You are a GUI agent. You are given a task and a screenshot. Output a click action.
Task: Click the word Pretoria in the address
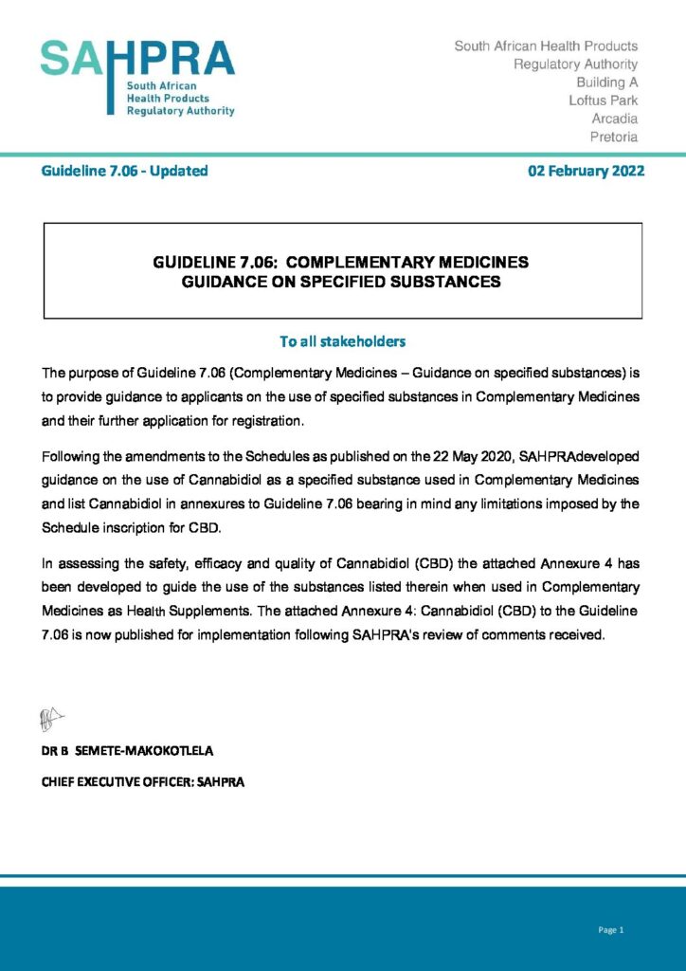point(614,137)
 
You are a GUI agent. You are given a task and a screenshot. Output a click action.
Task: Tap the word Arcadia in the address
point(614,119)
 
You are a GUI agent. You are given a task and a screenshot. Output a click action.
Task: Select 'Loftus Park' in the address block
point(603,101)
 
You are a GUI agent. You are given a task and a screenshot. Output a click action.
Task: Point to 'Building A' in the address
point(606,82)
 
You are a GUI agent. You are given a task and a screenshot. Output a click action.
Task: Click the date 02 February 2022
point(586,172)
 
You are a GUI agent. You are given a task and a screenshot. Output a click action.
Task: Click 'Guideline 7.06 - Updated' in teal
point(124,172)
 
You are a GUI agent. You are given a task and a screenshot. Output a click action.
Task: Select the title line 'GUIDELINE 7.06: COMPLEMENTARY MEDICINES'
point(341,262)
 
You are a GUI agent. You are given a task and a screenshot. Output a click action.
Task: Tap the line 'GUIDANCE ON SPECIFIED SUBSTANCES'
point(341,282)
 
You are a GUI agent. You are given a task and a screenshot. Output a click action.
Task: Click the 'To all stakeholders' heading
point(342,341)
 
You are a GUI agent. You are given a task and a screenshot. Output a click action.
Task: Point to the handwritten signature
point(51,720)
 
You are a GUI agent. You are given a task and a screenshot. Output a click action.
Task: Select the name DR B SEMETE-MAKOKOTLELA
point(127,751)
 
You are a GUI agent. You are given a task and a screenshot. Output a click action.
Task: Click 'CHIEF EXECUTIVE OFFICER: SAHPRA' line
point(143,783)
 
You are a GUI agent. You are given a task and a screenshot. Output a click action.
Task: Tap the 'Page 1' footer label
point(611,930)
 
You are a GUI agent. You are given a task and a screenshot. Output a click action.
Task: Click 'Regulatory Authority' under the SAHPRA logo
point(180,111)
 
